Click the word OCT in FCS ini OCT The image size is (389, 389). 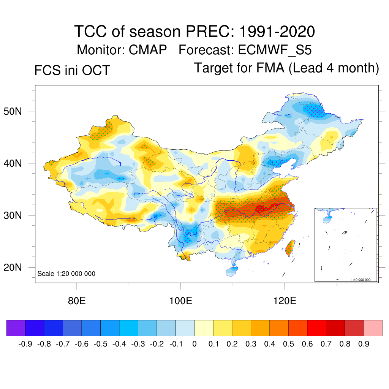(x=96, y=70)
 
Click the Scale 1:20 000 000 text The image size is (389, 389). (x=66, y=274)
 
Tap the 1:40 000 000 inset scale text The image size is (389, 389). (x=363, y=280)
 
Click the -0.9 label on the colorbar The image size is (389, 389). (x=25, y=344)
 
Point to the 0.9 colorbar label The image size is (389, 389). (x=364, y=344)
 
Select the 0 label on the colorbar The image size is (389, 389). (x=194, y=344)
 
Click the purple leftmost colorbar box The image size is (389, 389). (x=16, y=328)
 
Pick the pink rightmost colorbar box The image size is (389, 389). (x=373, y=328)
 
